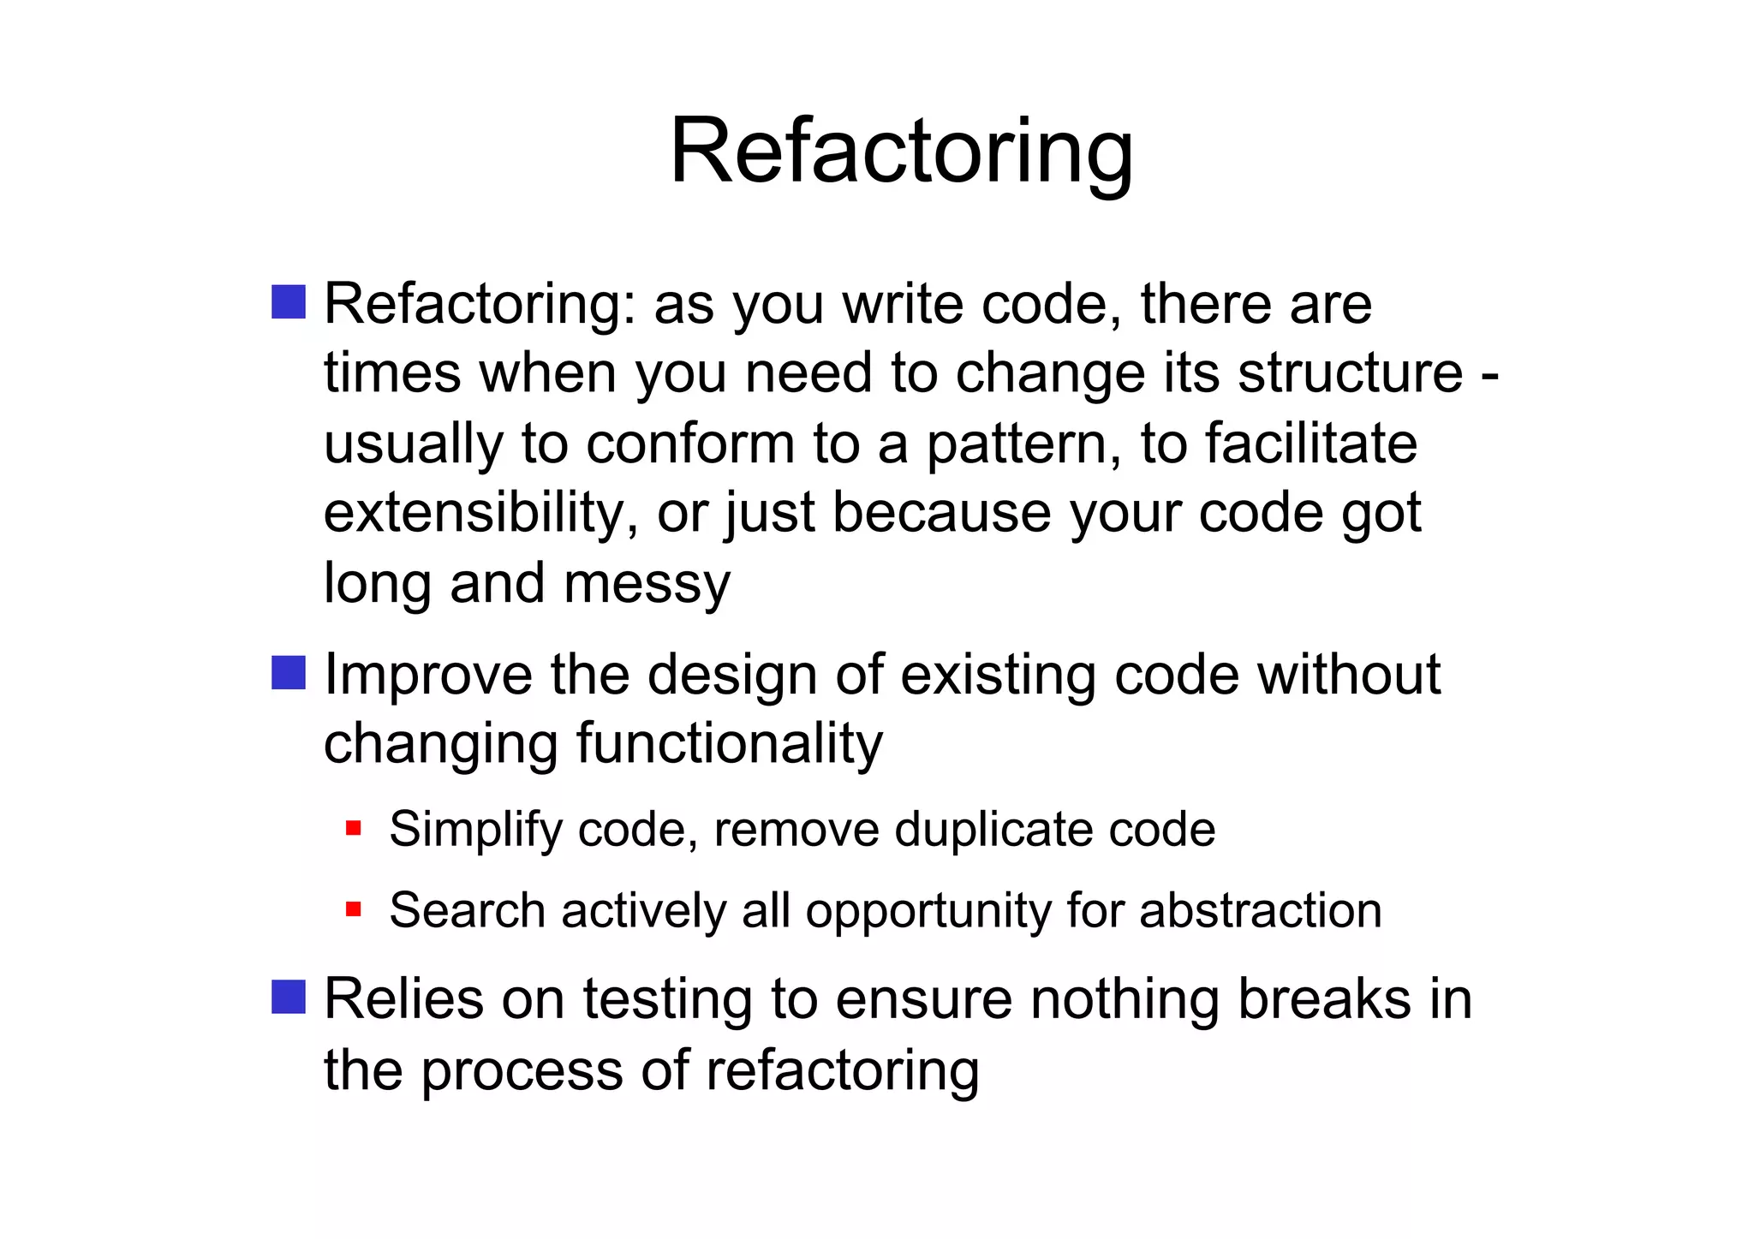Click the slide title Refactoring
pyautogui.click(x=901, y=152)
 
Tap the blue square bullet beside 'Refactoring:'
pyautogui.click(x=289, y=302)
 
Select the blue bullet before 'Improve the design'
pyautogui.click(x=289, y=673)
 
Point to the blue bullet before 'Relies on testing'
pyautogui.click(x=289, y=997)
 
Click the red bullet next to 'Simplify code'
pyautogui.click(x=354, y=829)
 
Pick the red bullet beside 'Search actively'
pyautogui.click(x=354, y=908)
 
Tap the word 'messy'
pyautogui.click(x=647, y=584)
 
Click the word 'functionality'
pyautogui.click(x=729, y=743)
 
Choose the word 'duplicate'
pyautogui.click(x=994, y=830)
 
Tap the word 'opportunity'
pyautogui.click(x=928, y=911)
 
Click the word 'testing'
pyautogui.click(x=667, y=1000)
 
